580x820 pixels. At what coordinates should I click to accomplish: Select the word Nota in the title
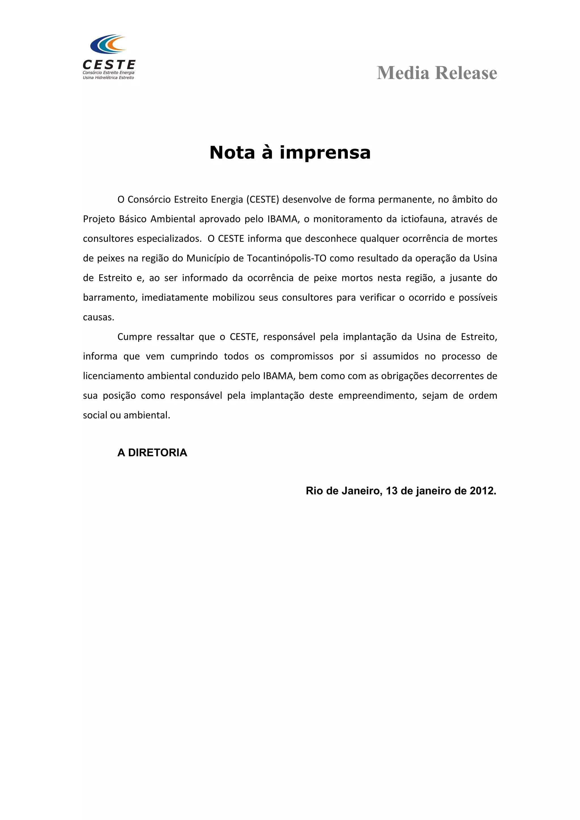tap(232, 153)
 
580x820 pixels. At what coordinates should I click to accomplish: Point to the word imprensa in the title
tap(325, 153)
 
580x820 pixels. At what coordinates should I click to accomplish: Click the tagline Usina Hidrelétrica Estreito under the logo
tap(108, 78)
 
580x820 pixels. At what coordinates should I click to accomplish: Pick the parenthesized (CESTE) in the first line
tap(262, 199)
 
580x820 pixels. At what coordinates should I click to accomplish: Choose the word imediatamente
tap(175, 297)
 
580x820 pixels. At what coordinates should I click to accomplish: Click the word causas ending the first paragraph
tap(98, 317)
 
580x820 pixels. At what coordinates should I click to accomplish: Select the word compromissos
tap(302, 357)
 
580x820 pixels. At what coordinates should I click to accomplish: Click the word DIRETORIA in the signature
tap(157, 452)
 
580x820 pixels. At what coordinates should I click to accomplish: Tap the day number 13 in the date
tap(392, 491)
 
